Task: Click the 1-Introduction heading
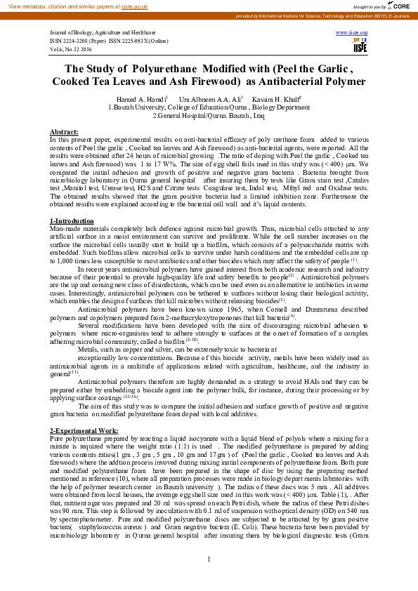pyautogui.click(x=72, y=221)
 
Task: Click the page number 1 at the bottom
pyautogui.click(x=209, y=559)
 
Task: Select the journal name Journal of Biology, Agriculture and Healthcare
pyautogui.click(x=103, y=33)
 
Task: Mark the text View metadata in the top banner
pyautogui.click(x=27, y=5)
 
